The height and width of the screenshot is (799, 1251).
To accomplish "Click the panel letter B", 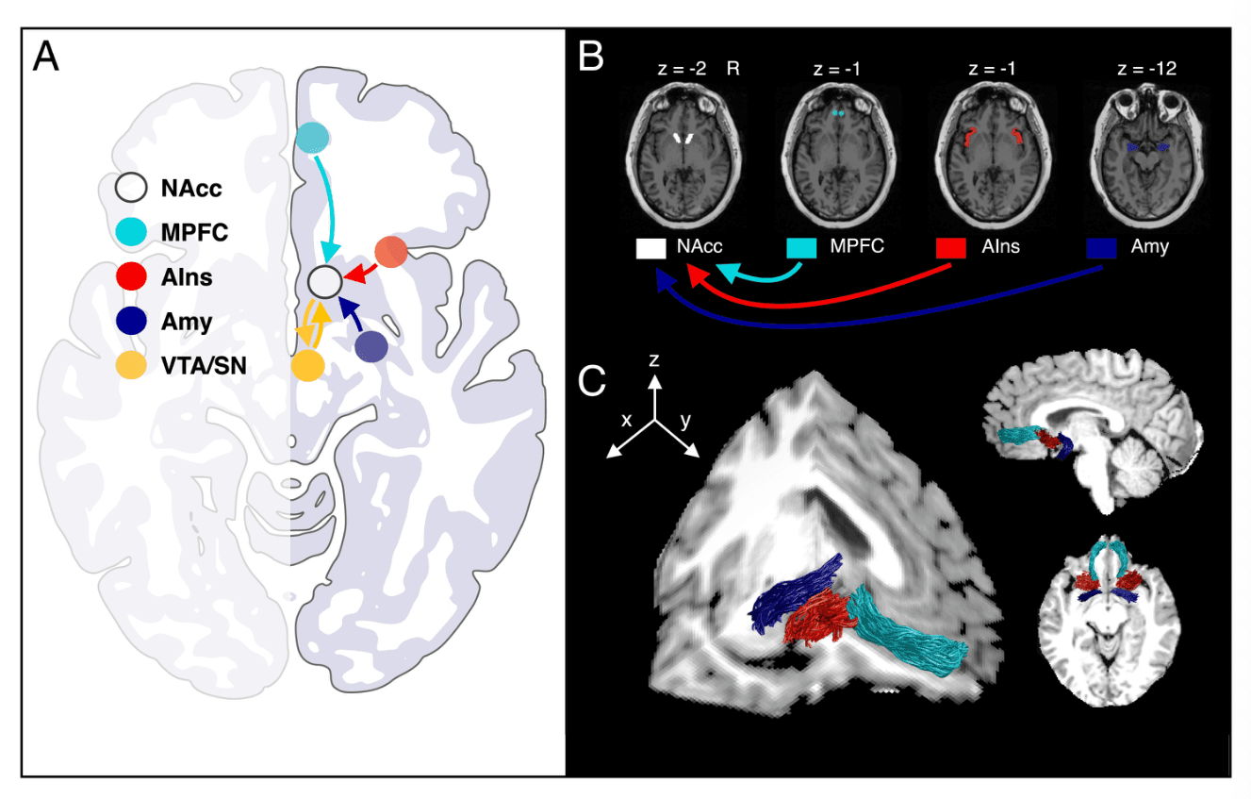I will pos(592,58).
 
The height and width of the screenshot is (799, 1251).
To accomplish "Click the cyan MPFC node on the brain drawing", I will pos(312,139).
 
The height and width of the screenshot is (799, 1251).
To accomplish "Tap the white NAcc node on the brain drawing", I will pos(324,281).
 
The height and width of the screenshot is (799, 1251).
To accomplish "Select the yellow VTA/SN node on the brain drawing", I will pos(307,365).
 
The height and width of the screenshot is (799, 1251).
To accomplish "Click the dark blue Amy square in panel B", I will pos(1101,248).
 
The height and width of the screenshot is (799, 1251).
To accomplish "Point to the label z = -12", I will pos(1144,69).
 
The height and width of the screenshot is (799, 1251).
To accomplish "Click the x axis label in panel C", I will pos(626,421).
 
